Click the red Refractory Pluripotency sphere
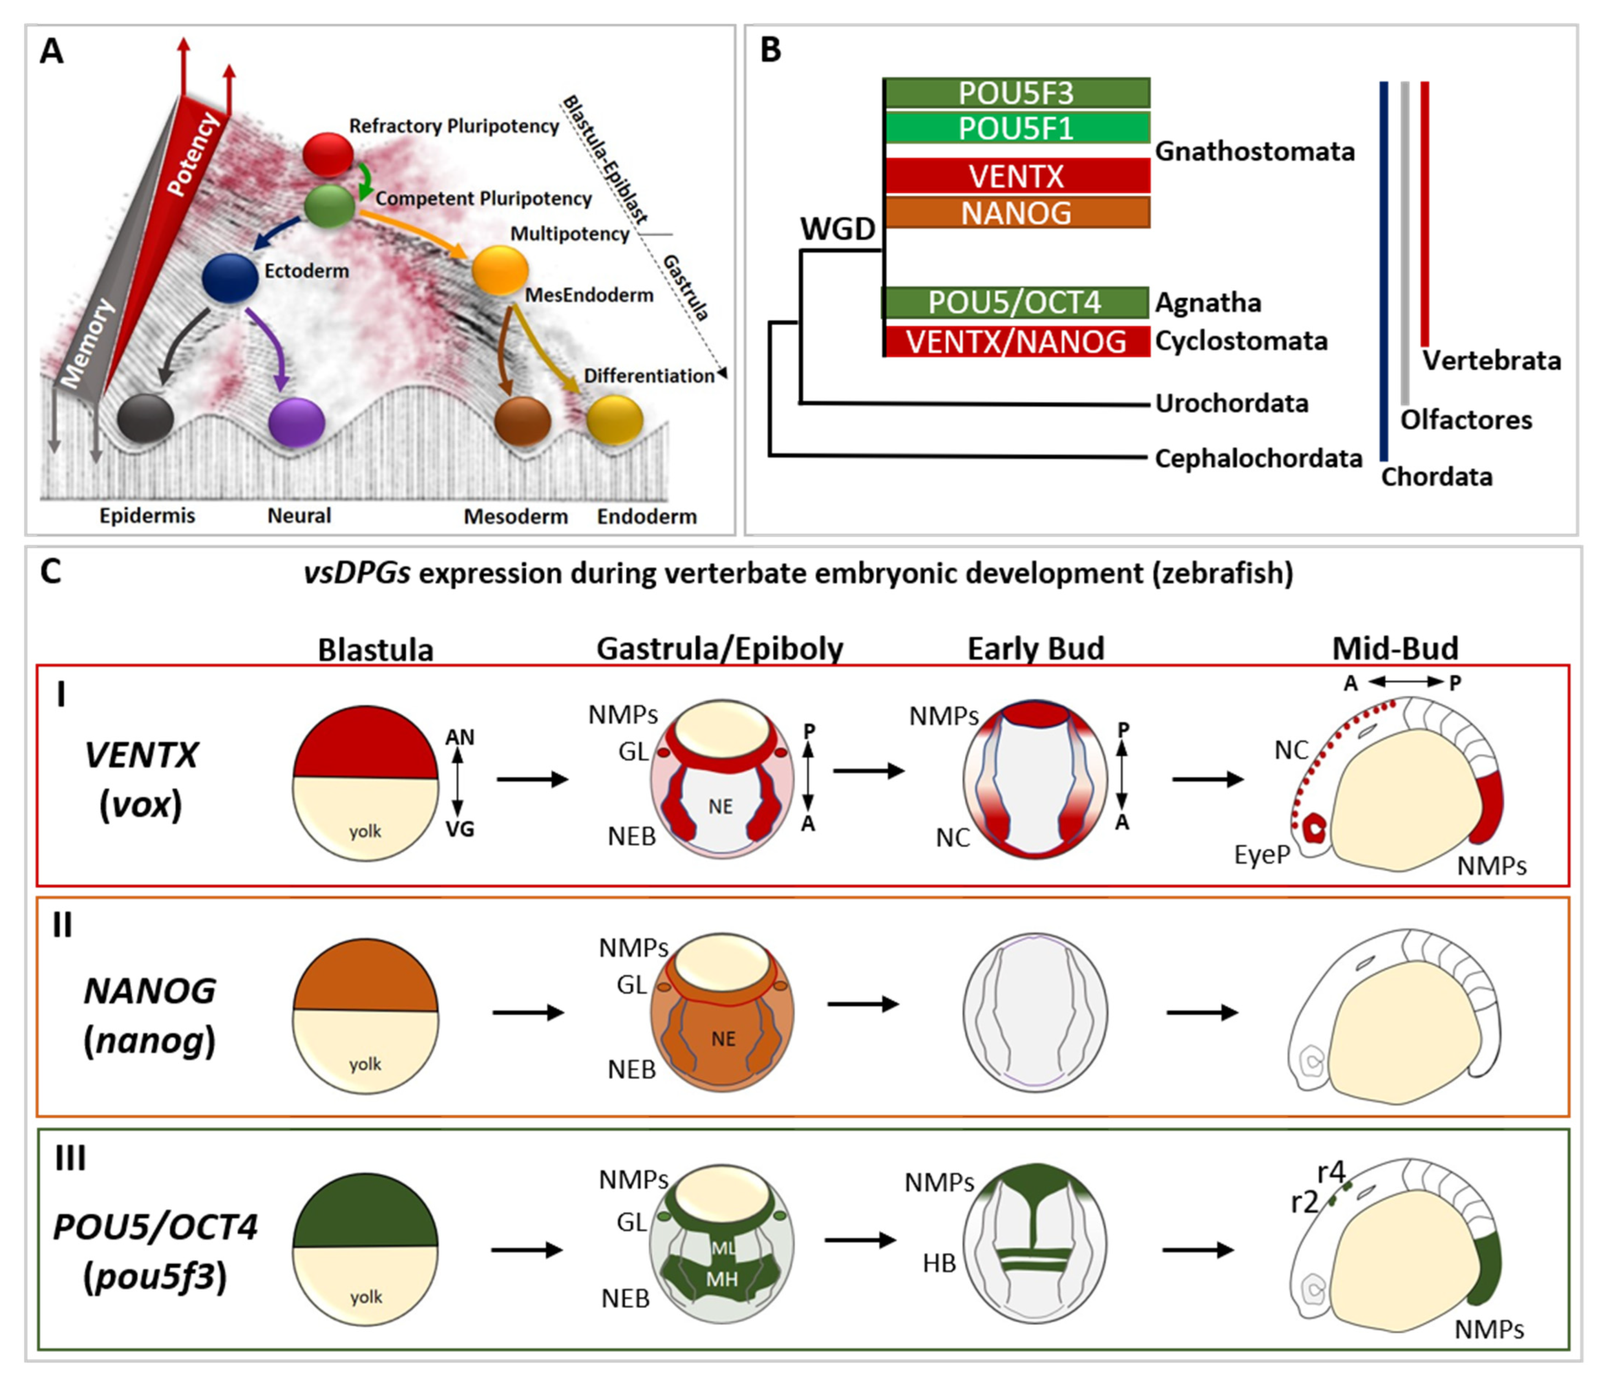[x=328, y=154]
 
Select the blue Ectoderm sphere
[x=230, y=278]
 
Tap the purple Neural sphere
[x=296, y=423]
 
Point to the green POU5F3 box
[x=1017, y=93]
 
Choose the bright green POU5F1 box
[x=1017, y=128]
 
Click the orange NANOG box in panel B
[x=1017, y=212]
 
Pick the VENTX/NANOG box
[x=1017, y=341]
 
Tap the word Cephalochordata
[x=1258, y=458]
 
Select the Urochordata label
[x=1231, y=403]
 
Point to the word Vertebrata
[x=1492, y=361]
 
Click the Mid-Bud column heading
[x=1395, y=648]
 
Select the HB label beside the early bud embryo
[x=939, y=1263]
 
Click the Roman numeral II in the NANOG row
[x=62, y=925]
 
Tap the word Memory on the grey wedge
[x=87, y=343]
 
